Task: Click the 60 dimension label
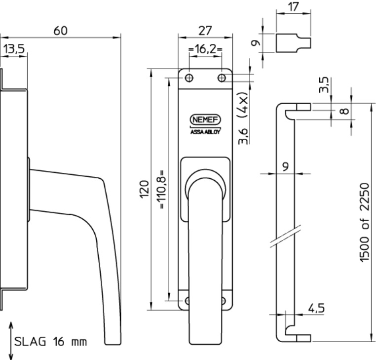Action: [60, 31]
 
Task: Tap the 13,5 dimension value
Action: [14, 49]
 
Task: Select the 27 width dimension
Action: [205, 31]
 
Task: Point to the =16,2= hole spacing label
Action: [205, 49]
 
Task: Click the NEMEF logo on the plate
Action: [205, 120]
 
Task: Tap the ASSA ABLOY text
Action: [205, 132]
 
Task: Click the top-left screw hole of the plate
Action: [189, 78]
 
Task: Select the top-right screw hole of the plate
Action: [222, 78]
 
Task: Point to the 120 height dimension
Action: [144, 189]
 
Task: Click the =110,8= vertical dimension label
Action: [162, 189]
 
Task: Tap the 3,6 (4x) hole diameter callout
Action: [243, 118]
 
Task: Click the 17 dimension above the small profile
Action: [293, 7]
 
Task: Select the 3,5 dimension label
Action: [324, 84]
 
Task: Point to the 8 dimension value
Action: [344, 111]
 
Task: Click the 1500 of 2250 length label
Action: [364, 223]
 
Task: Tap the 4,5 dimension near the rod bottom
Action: [316, 308]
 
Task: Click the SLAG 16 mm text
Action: [51, 342]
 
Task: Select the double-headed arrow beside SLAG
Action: [11, 341]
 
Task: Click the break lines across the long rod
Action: [285, 237]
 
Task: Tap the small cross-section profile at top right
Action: [293, 43]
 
